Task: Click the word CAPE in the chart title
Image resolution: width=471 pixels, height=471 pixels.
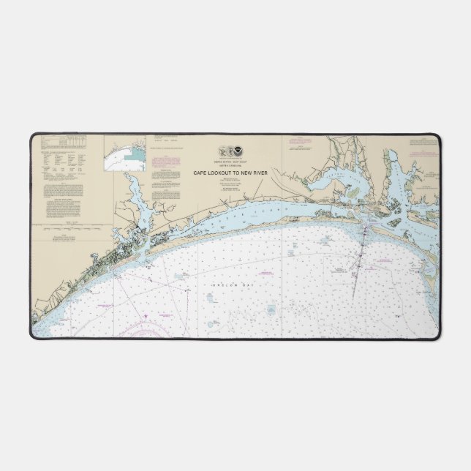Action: [x=200, y=173]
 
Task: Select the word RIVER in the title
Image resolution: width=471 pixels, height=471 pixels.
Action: [x=260, y=173]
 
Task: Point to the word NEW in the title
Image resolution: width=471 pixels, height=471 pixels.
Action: [x=246, y=173]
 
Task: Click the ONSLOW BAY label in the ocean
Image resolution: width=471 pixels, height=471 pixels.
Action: [x=227, y=284]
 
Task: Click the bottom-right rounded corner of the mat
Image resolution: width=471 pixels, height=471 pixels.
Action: [x=437, y=337]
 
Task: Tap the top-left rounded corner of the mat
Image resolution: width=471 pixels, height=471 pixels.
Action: [x=34, y=136]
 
